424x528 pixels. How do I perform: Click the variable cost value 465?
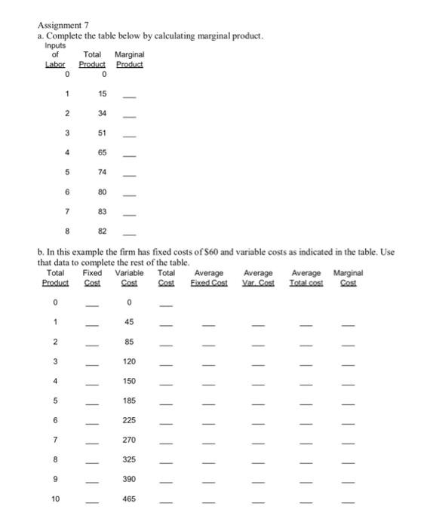pos(130,499)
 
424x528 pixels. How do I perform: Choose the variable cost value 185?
pos(130,401)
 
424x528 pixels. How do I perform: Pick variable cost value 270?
pos(130,440)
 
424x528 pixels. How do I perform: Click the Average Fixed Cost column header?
pos(208,277)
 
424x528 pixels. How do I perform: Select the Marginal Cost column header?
pos(348,277)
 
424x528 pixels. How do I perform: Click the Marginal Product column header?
pos(129,59)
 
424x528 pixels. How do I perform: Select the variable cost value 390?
pos(130,480)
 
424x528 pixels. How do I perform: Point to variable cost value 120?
pos(130,361)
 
